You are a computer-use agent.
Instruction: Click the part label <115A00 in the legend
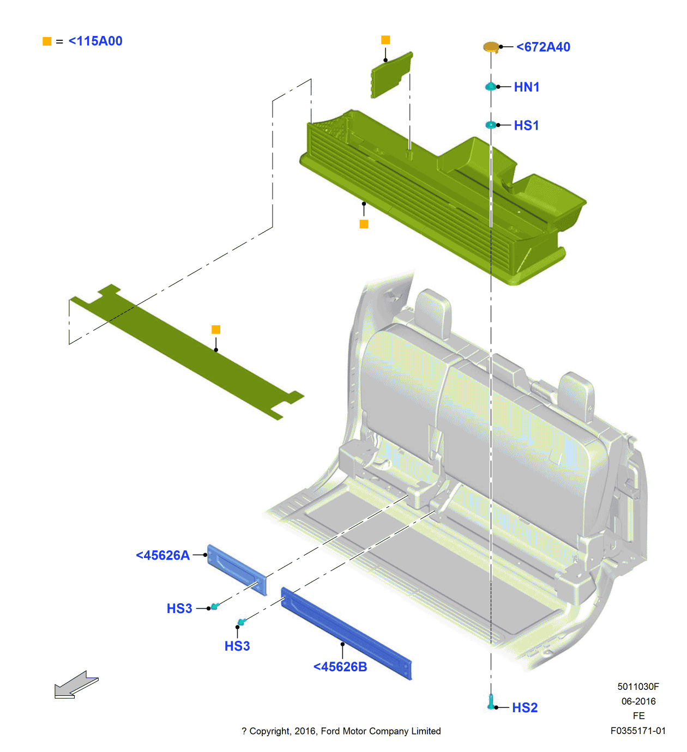(x=95, y=41)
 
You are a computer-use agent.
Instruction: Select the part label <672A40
(x=543, y=47)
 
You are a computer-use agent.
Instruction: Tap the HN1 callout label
(x=526, y=87)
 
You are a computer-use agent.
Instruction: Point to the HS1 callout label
(x=526, y=126)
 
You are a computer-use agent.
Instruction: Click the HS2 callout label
(x=525, y=708)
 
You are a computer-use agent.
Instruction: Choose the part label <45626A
(x=162, y=556)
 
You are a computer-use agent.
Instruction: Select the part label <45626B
(x=340, y=667)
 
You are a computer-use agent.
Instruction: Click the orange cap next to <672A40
(x=491, y=47)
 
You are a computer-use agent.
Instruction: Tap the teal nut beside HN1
(x=491, y=87)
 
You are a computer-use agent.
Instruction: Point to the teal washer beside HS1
(x=491, y=125)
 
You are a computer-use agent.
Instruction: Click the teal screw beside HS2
(x=491, y=702)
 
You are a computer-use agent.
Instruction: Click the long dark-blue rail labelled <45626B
(x=346, y=633)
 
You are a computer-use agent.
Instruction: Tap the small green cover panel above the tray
(x=391, y=76)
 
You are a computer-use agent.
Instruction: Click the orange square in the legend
(x=47, y=41)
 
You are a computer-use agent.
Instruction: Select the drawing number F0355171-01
(x=638, y=731)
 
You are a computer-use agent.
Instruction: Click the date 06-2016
(x=638, y=701)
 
